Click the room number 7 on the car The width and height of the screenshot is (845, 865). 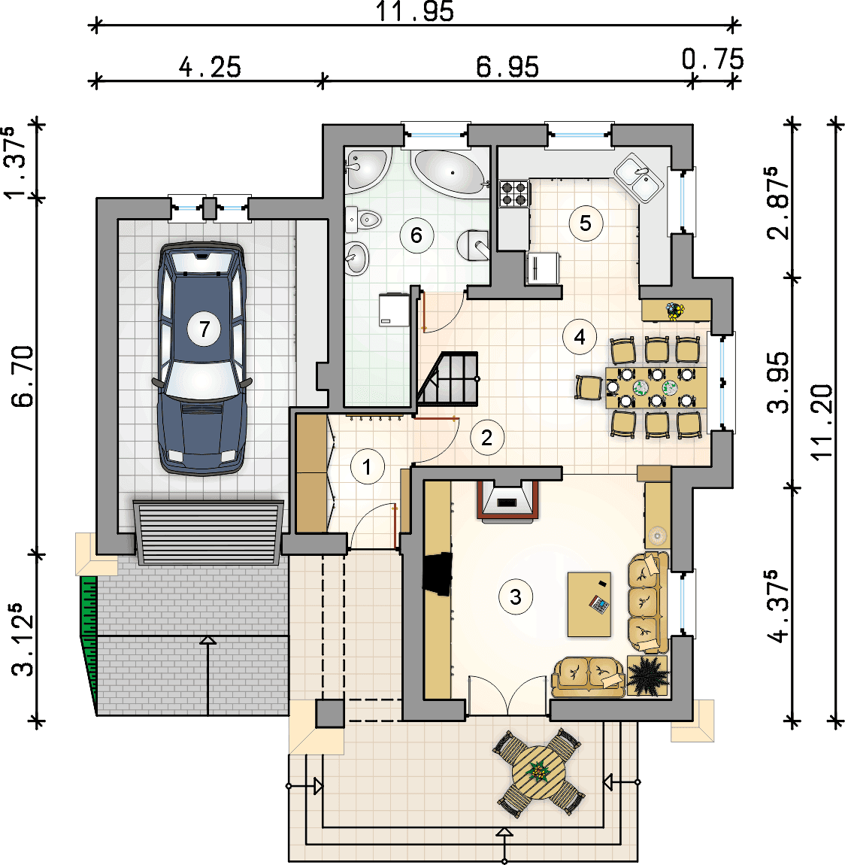coord(204,329)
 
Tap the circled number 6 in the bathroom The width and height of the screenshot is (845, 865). coord(416,235)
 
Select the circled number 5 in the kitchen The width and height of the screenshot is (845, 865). coord(586,223)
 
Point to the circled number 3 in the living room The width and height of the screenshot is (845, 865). coord(516,597)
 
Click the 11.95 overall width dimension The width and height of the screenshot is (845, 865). coord(415,11)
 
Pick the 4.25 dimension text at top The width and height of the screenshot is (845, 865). coord(210,67)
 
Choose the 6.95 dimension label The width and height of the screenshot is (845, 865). coord(507,67)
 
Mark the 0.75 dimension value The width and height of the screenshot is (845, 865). coord(713,59)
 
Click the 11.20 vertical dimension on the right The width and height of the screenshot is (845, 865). coord(822,422)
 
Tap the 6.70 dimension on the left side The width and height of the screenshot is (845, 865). coord(23,376)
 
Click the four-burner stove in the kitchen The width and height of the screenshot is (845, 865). coord(513,193)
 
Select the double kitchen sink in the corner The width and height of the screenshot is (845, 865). coord(639,178)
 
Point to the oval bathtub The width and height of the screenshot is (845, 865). coord(450,173)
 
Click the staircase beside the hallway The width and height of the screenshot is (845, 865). coord(447,379)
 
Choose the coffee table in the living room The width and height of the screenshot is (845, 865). coord(589,605)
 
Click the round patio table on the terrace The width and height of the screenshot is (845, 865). coord(538,772)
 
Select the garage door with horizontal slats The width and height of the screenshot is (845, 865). coord(208,533)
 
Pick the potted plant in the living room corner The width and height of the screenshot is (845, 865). coord(648,675)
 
